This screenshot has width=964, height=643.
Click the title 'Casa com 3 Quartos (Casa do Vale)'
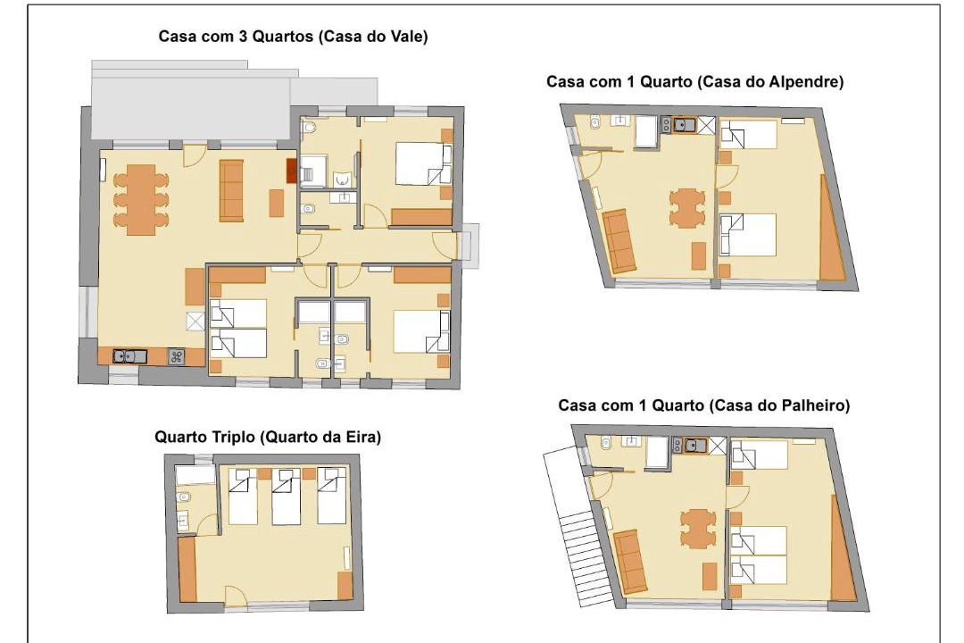293,37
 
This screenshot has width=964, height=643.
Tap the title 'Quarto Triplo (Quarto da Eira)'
268,437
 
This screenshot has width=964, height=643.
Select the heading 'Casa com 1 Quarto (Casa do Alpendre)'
694,81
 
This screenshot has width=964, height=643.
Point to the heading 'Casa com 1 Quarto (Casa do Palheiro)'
704,405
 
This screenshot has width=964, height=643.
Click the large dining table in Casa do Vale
141,199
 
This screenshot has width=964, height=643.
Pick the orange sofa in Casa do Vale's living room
231,190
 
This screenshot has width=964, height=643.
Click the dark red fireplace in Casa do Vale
291,171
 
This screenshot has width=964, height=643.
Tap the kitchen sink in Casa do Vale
129,356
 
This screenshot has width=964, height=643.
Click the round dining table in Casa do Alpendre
686,208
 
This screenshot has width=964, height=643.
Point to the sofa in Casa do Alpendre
619,240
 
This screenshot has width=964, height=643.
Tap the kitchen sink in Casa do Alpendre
684,125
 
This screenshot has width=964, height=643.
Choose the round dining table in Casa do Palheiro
698,528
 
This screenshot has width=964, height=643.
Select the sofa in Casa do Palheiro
630,561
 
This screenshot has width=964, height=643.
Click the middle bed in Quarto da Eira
286,497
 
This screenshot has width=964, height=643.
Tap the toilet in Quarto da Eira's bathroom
184,497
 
